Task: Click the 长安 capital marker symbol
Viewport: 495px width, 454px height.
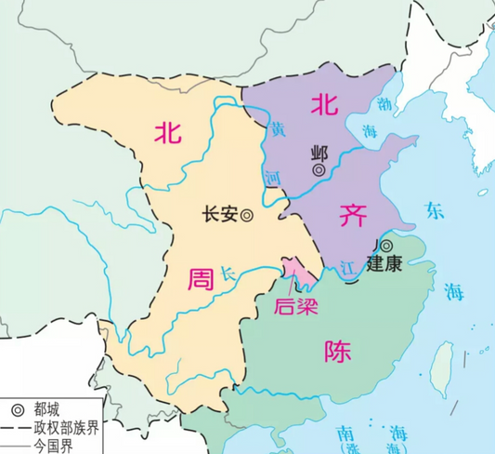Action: click(247, 215)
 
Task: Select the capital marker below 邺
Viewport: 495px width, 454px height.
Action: click(319, 170)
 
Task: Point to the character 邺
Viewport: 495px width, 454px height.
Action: click(319, 154)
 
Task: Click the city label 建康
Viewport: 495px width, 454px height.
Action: click(384, 263)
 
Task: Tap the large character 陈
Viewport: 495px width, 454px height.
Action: click(338, 350)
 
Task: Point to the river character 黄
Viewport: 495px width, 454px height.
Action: click(277, 131)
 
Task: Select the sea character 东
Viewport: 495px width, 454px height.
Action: click(434, 209)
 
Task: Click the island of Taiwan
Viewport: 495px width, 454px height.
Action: click(444, 361)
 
